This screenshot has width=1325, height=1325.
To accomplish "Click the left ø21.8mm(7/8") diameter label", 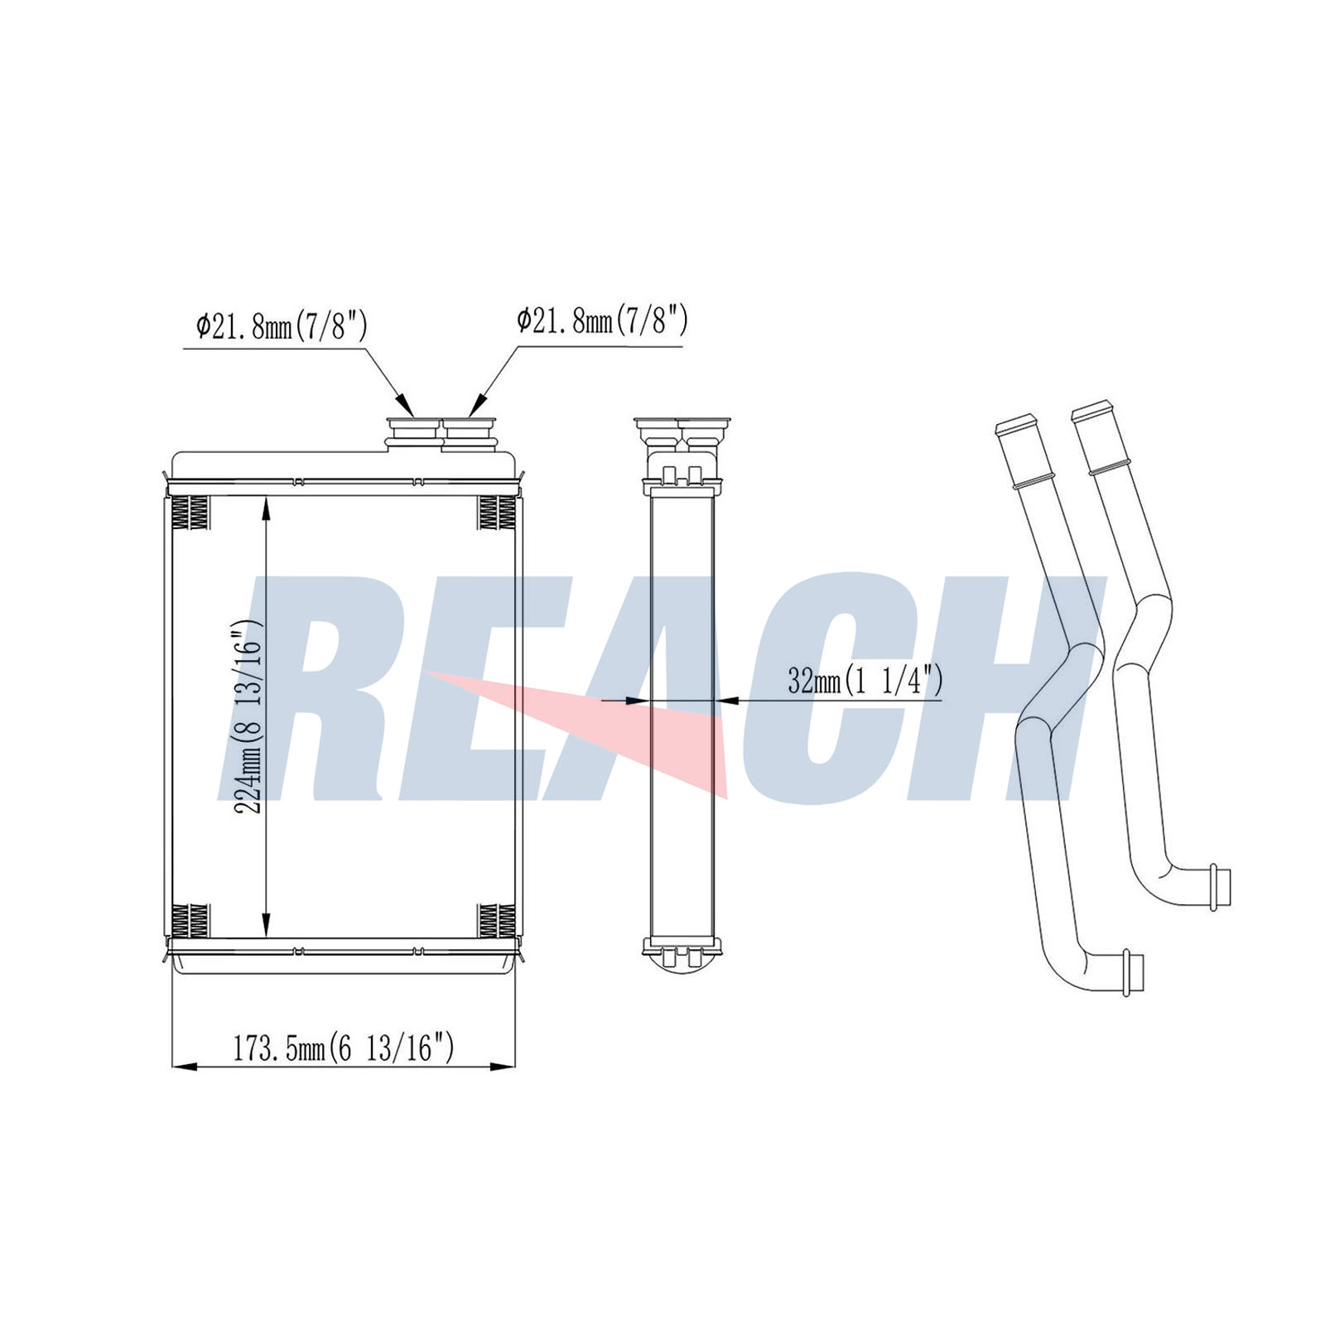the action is [x=282, y=326].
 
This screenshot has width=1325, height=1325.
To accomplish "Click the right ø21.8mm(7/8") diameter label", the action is [x=602, y=320].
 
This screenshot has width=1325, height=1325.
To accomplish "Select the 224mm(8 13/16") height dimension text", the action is [x=248, y=716].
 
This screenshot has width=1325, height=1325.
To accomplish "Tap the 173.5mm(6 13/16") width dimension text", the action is [x=343, y=1048].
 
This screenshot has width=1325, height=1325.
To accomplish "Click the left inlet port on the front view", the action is [x=413, y=433].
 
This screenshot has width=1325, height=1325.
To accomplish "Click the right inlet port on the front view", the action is [x=470, y=433].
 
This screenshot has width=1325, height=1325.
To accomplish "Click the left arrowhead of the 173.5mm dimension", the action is [x=183, y=1067].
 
